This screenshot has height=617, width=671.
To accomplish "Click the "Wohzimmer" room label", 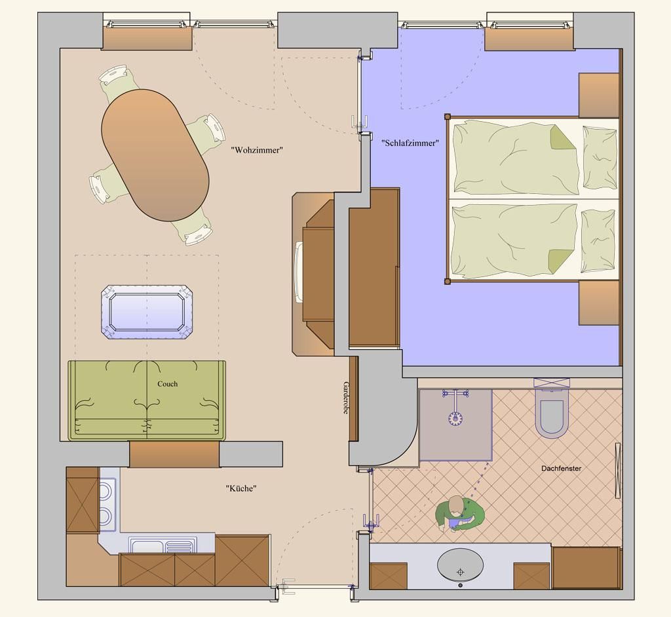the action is tap(257, 150).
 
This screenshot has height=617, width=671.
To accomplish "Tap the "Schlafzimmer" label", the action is tap(410, 143).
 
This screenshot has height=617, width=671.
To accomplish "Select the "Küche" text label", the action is tap(241, 488).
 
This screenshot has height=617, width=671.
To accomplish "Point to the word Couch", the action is tap(167, 384).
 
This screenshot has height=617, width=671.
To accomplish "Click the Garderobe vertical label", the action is tap(346, 398).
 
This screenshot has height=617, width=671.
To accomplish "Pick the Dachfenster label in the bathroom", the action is tap(561, 468).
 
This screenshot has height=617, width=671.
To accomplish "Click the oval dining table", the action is tap(155, 155).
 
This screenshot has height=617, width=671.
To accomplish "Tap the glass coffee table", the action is tap(147, 312).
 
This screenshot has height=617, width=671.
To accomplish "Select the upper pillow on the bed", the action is tap(600, 157).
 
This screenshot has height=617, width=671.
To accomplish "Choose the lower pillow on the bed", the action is tap(598, 240).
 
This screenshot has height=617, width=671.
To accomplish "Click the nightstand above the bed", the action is tap(599, 95).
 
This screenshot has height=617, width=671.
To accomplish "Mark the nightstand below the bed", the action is tap(599, 303).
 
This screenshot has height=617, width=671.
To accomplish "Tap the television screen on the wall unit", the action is tap(299, 272).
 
